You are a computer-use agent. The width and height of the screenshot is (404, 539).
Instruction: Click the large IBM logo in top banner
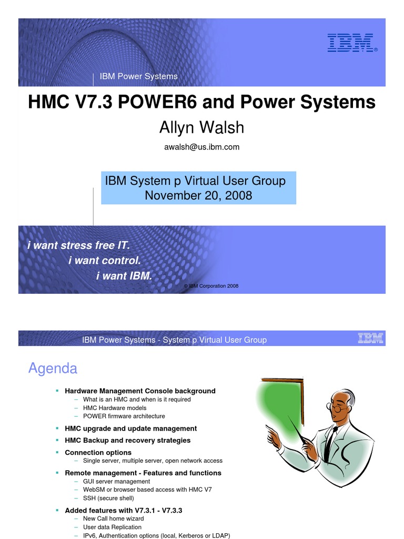tap(351, 43)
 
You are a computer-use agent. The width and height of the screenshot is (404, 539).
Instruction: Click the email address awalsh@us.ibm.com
tap(202, 147)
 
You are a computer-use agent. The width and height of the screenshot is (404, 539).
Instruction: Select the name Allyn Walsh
tap(202, 127)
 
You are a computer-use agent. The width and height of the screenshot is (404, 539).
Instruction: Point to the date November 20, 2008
tap(198, 196)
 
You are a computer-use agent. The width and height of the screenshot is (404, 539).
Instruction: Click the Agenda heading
tap(53, 368)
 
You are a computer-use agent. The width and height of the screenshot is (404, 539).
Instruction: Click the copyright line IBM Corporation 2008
tap(211, 286)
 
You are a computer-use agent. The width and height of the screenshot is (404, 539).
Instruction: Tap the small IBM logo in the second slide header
tap(370, 338)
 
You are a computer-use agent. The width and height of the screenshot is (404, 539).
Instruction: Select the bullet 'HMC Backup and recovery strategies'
tap(127, 441)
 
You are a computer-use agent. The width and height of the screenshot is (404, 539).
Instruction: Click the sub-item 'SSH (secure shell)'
tap(108, 498)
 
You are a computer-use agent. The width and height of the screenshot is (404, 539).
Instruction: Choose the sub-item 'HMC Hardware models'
tap(114, 408)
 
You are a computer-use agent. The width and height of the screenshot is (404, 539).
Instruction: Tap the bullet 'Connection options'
tap(98, 453)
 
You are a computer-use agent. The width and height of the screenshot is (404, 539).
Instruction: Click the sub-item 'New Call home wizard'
tap(113, 518)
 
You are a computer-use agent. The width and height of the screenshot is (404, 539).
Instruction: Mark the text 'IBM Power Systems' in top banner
tap(139, 76)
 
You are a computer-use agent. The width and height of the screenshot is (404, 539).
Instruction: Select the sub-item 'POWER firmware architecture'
tap(124, 416)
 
